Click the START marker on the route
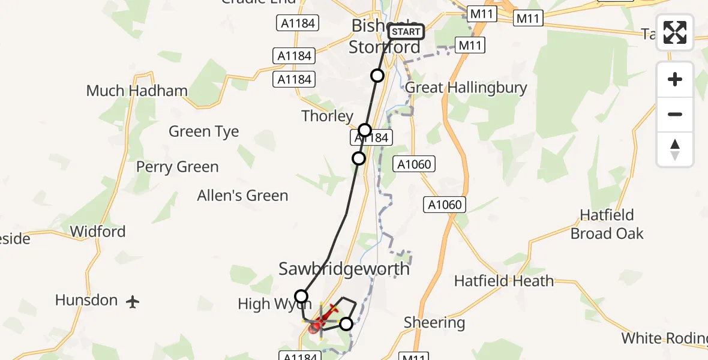[406, 32]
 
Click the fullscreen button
[675, 32]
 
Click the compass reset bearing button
[675, 149]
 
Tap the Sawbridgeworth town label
[344, 269]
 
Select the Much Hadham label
[137, 91]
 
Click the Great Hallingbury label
[466, 88]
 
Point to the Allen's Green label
[242, 196]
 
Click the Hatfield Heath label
[504, 281]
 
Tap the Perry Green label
[177, 167]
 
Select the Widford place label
[98, 232]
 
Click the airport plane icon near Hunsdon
[133, 302]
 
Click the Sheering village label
[434, 323]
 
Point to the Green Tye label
[203, 131]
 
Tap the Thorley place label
[327, 116]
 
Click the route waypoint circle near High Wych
[301, 296]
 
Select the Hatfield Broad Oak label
[607, 224]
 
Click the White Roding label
[664, 338]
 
